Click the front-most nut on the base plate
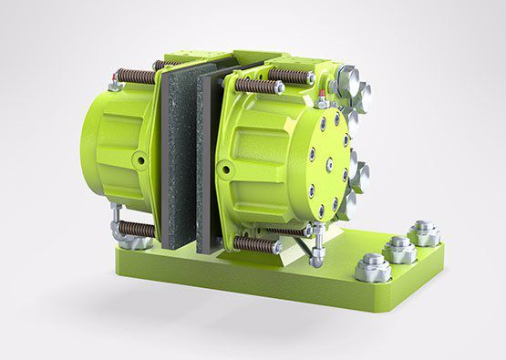click(374, 267)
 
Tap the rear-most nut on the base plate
click(424, 231)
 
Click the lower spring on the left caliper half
click(135, 229)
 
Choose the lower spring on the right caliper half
click(258, 244)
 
